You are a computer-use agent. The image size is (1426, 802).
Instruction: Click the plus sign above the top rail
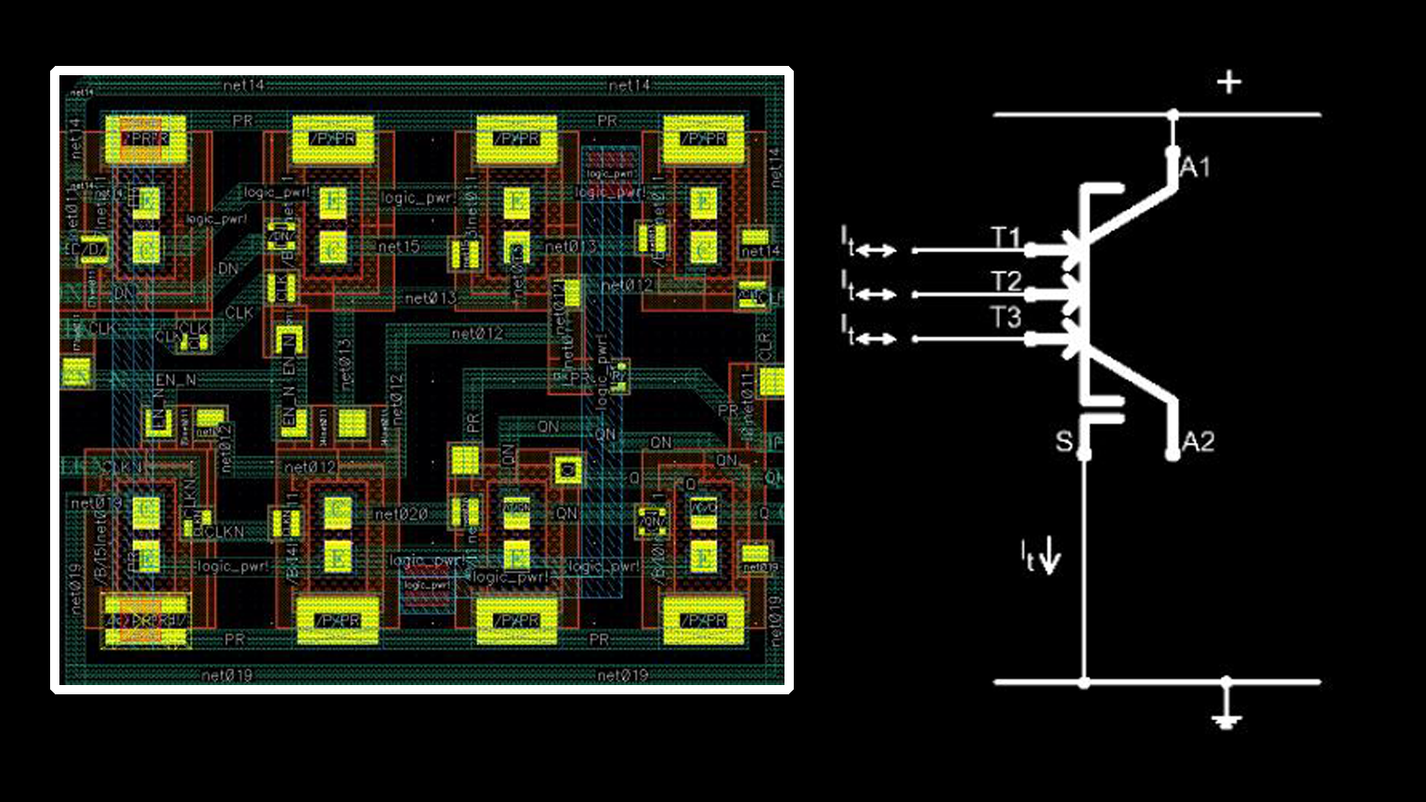1229,83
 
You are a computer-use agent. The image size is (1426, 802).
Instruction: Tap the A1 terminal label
1196,168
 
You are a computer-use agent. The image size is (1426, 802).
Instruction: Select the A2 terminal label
1199,442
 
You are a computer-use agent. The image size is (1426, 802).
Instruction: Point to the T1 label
1006,239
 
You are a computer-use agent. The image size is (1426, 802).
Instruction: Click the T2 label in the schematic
1006,281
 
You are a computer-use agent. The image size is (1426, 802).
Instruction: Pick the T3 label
1006,318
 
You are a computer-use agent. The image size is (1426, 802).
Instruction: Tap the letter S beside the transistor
1064,441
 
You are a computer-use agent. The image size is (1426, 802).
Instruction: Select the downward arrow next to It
1051,557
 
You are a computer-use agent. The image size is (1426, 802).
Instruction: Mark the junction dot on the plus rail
1173,115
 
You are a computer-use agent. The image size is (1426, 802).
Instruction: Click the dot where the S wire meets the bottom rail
1083,682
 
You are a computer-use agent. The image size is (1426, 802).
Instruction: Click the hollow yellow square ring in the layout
564,469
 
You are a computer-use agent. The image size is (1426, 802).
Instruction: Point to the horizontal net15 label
398,247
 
